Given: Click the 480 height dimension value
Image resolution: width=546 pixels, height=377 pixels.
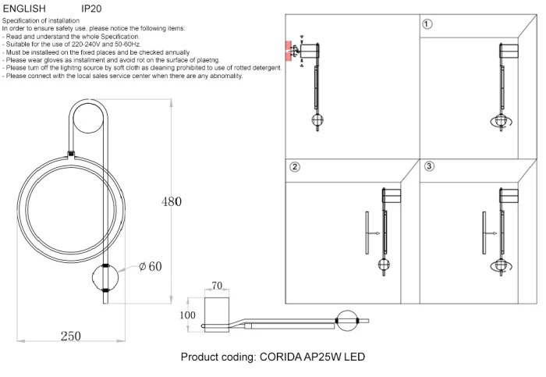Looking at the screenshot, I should click(x=172, y=201).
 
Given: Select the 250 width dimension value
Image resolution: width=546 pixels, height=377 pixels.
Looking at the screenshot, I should click(x=70, y=336).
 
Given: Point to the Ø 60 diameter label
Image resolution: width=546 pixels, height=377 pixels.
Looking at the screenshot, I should click(x=150, y=267).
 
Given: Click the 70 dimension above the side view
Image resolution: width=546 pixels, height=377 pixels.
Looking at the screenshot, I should click(x=217, y=286).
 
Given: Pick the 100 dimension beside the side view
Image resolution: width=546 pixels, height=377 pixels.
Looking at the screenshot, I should click(x=188, y=315).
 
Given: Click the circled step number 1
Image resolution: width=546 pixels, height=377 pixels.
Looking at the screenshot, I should click(x=427, y=24).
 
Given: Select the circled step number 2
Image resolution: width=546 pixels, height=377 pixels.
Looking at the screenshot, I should click(x=294, y=167).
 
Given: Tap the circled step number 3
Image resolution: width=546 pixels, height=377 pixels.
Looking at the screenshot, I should click(x=429, y=167).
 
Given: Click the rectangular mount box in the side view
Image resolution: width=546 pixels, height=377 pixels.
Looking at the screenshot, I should click(x=216, y=310).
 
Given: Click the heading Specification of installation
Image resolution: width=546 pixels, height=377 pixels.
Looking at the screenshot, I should click(x=45, y=20).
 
